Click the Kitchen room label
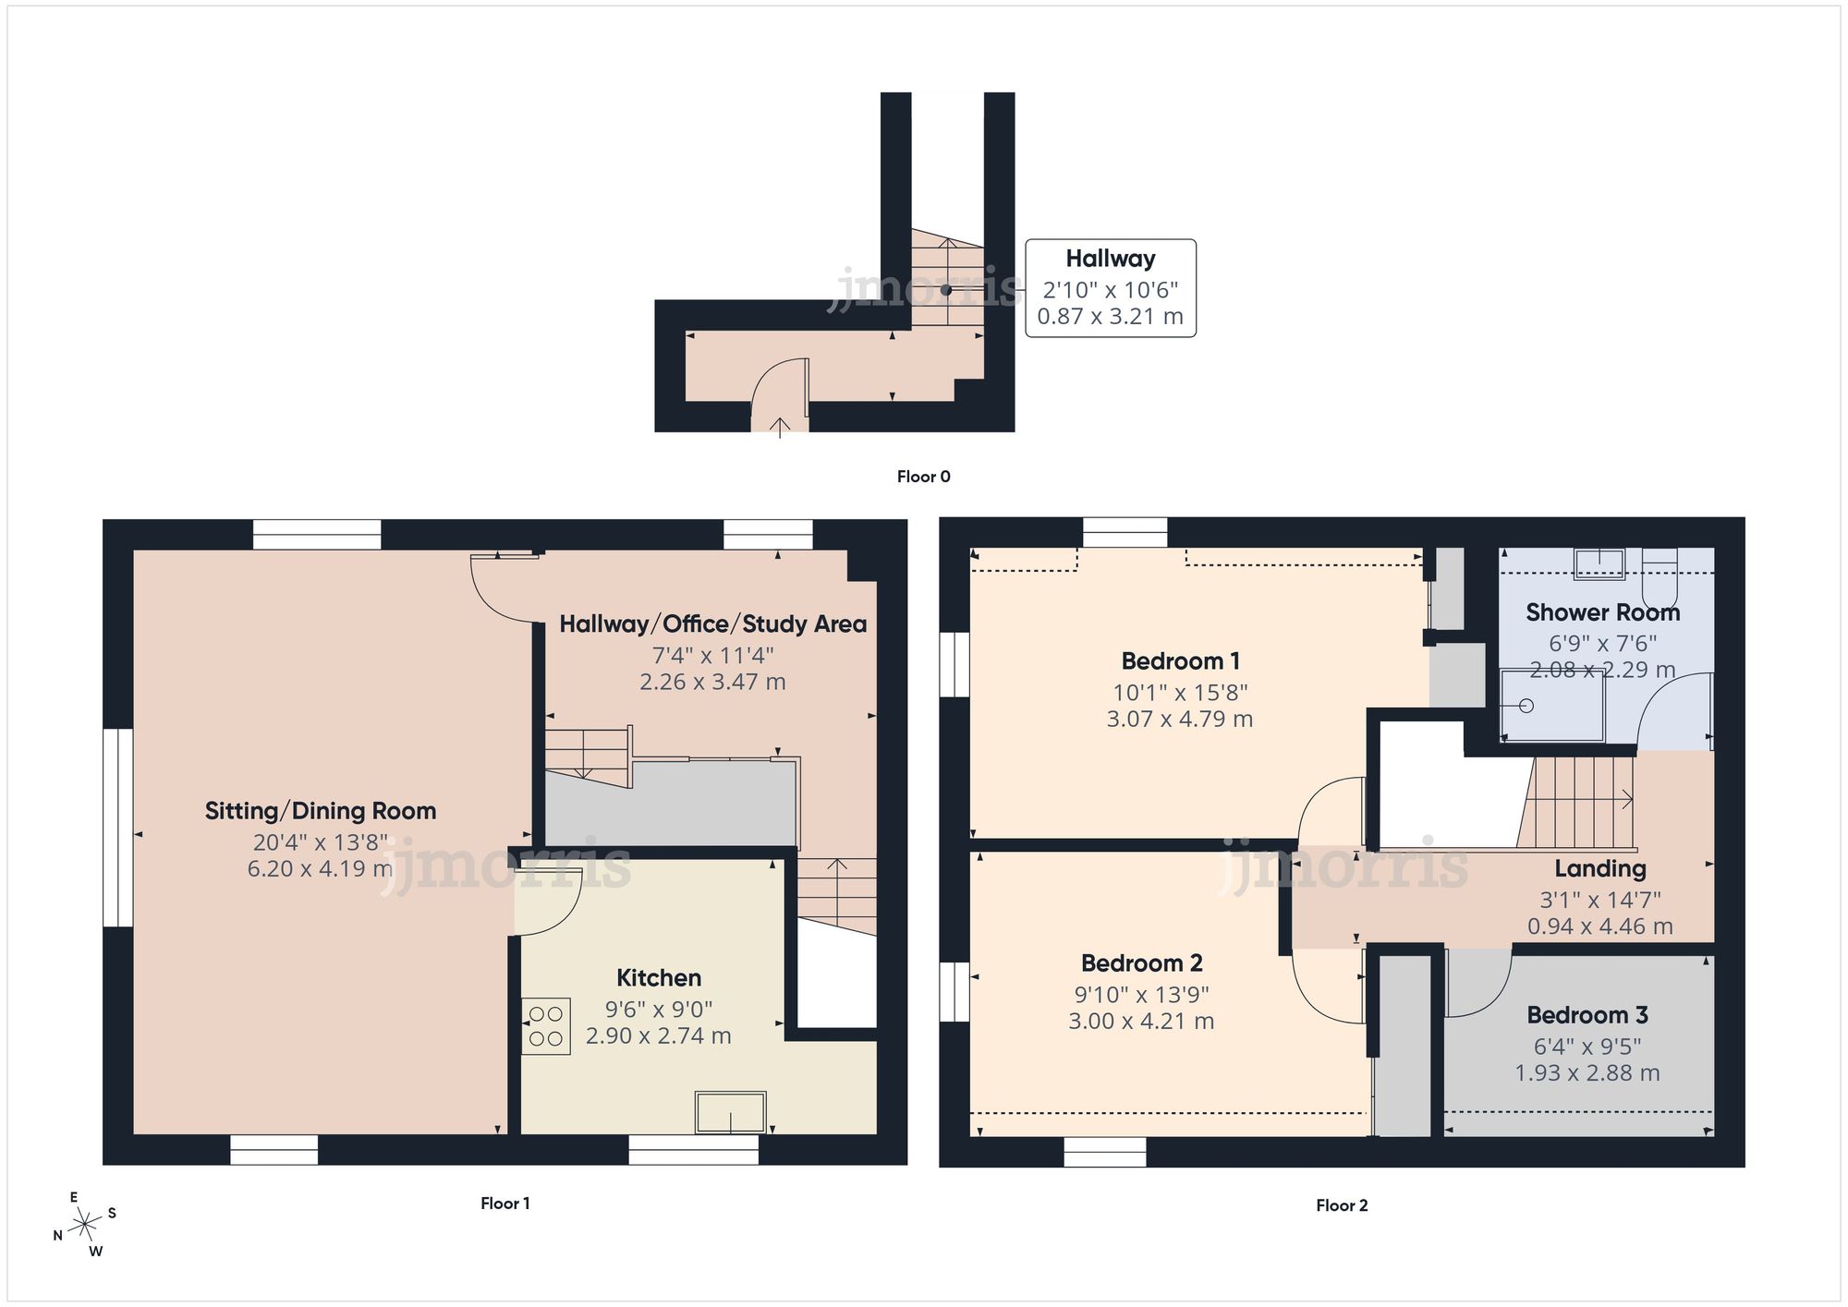[x=658, y=978]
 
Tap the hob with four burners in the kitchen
[x=545, y=1026]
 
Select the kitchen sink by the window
[x=730, y=1111]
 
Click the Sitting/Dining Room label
[x=320, y=811]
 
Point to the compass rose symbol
[x=85, y=1225]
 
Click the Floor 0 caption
[x=923, y=477]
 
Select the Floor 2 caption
[x=1341, y=1205]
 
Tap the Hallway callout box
[x=1110, y=287]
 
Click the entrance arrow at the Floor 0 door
[x=780, y=426]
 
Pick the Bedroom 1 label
[x=1180, y=661]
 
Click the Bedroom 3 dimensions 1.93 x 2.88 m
[x=1587, y=1073]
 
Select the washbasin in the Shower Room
[x=1599, y=563]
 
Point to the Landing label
[x=1599, y=868]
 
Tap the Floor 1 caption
[x=505, y=1204]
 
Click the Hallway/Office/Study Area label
[x=712, y=624]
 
